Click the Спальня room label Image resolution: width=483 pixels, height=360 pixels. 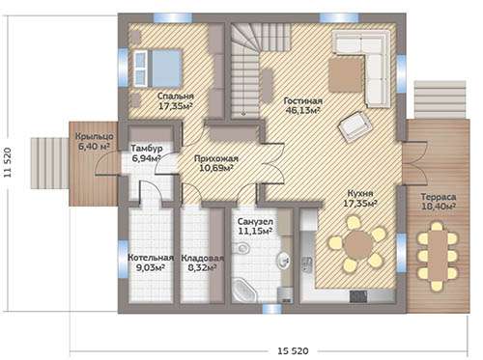[x=176, y=97]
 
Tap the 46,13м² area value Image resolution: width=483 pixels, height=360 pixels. [x=302, y=111]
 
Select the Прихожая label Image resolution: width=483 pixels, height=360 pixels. [x=216, y=158]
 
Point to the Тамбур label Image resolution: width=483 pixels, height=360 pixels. [x=147, y=149]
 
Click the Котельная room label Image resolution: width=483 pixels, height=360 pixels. [x=151, y=258]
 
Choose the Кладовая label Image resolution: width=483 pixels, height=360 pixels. [x=202, y=258]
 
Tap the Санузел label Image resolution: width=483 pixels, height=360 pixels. [x=255, y=222]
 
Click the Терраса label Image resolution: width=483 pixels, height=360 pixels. [x=439, y=197]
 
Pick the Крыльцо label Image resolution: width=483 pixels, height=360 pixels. [x=95, y=136]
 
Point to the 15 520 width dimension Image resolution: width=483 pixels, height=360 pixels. [x=293, y=350]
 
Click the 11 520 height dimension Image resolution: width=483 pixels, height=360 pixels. [x=8, y=162]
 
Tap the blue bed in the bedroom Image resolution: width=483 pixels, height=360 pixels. [x=157, y=69]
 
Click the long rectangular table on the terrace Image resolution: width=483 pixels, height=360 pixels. [x=438, y=256]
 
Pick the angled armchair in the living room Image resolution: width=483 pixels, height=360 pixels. [x=355, y=126]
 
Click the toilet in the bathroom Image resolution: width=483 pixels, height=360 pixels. [x=242, y=248]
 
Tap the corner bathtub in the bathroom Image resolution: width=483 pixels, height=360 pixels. [x=243, y=291]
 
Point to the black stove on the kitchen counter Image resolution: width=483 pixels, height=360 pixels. [x=358, y=296]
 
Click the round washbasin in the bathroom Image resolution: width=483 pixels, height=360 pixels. [x=284, y=260]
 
